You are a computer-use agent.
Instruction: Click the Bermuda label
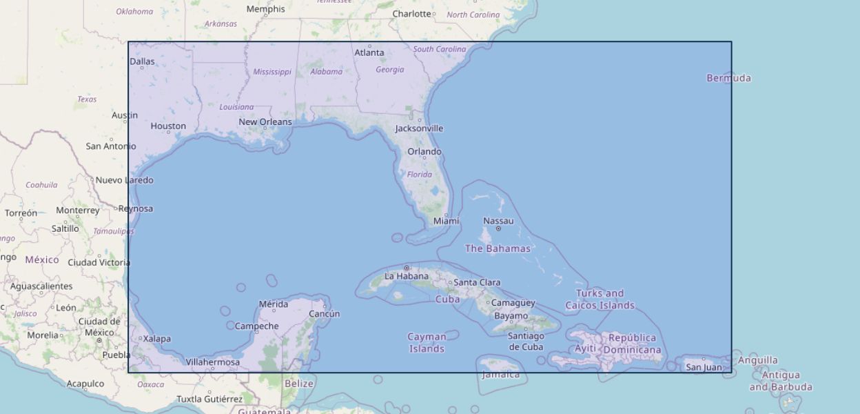point(728,78)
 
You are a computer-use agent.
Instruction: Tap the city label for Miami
point(446,221)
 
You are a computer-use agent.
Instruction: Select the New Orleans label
point(265,122)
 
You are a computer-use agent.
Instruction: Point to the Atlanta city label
point(369,52)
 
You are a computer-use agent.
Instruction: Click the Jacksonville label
point(419,128)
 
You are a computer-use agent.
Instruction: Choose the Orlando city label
point(424,152)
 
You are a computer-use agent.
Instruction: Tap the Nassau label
point(498,221)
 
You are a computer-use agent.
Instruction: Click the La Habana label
point(407,277)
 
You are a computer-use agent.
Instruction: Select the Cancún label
point(324,314)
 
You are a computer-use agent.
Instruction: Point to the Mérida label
point(273,304)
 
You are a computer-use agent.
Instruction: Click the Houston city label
point(168,126)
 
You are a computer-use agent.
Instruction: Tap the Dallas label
point(143,61)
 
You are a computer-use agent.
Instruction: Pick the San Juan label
point(704,367)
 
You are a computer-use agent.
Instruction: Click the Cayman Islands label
point(427,342)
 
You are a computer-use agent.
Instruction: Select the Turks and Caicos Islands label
point(600,299)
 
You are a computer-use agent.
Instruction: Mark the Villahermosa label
point(213,362)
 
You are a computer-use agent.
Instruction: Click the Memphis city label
point(265,10)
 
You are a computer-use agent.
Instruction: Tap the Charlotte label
point(411,14)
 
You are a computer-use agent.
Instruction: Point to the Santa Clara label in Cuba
point(477,282)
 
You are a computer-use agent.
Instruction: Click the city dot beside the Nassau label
point(498,228)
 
